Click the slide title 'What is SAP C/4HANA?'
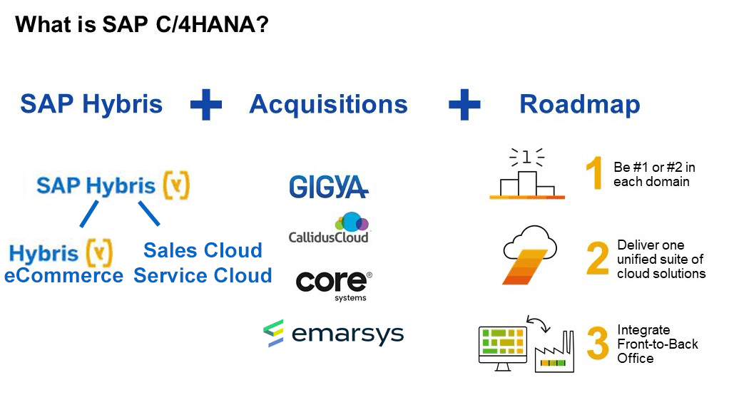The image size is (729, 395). [142, 24]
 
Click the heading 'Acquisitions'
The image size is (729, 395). [328, 104]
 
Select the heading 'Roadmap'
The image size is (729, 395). [579, 104]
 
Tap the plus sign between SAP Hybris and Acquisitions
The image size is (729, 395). [206, 105]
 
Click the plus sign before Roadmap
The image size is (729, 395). [464, 105]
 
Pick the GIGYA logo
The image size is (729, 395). [328, 186]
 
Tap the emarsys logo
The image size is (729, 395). [333, 333]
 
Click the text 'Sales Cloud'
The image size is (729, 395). [203, 250]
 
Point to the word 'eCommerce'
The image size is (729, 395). [63, 276]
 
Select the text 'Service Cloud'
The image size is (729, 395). [203, 275]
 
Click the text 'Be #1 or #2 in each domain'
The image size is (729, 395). [654, 174]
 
